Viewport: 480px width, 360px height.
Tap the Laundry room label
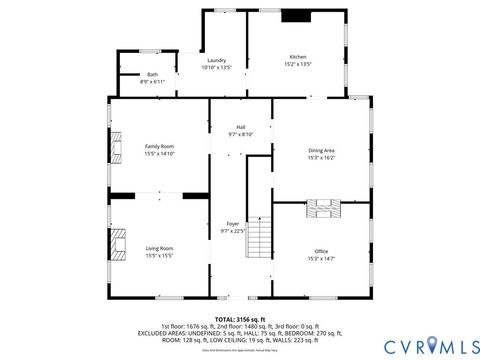(x=216, y=61)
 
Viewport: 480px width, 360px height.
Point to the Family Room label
(x=160, y=147)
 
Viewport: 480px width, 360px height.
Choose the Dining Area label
(x=321, y=150)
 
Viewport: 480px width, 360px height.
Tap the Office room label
(x=321, y=251)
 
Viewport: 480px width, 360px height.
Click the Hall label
(x=240, y=127)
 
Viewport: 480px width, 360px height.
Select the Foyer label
(x=232, y=224)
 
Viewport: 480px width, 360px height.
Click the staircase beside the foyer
(x=259, y=237)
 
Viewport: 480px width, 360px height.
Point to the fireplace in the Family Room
(x=116, y=148)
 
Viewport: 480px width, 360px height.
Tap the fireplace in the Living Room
(x=118, y=245)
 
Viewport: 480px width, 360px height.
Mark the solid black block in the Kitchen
(x=295, y=16)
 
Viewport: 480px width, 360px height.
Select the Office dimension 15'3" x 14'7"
(x=321, y=258)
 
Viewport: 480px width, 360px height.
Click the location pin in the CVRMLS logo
(x=431, y=344)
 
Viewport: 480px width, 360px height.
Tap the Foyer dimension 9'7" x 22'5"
(x=232, y=231)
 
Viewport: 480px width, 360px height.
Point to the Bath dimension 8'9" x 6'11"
(x=152, y=81)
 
